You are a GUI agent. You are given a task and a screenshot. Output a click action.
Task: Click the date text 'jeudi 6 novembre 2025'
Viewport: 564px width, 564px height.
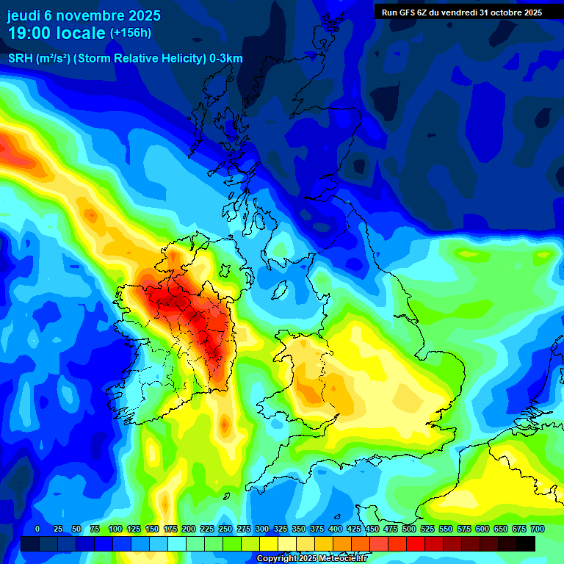84,15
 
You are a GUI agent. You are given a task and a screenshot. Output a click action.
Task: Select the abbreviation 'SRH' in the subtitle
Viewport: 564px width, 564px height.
20,59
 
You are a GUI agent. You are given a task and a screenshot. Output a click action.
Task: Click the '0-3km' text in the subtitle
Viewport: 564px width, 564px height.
225,59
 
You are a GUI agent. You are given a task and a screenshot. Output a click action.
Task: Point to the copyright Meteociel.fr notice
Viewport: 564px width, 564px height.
311,559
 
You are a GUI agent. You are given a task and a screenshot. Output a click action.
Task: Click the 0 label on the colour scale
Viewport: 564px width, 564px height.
37,529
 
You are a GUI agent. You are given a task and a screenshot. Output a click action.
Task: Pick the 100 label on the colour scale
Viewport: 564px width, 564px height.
115,529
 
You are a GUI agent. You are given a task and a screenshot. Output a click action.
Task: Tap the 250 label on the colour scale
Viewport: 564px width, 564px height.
225,529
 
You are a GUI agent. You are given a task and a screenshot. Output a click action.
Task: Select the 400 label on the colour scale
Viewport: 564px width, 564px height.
336,529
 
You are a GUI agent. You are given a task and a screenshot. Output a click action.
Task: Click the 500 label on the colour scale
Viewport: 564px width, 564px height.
409,529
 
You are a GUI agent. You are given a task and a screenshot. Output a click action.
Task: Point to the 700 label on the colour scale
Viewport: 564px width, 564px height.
537,529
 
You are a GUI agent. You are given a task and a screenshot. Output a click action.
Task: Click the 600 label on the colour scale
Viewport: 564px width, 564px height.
482,529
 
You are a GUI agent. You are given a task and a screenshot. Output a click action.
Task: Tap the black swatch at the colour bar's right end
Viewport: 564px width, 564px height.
526,543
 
